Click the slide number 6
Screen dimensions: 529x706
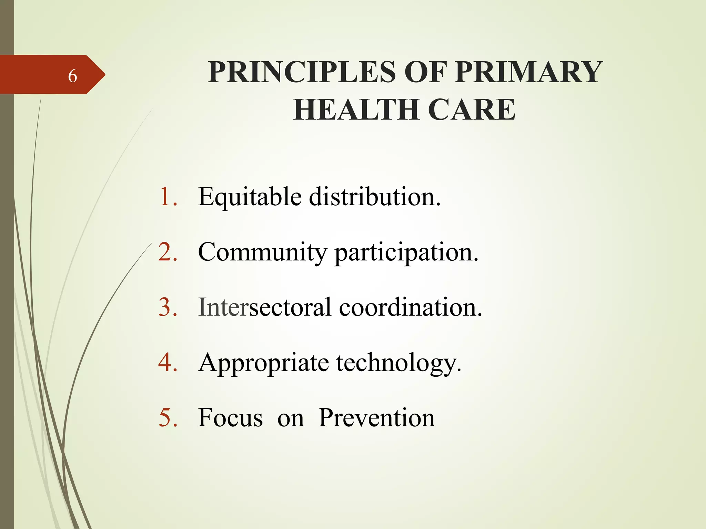[72, 76]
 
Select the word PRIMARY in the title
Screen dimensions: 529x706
[529, 72]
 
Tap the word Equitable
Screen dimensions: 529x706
[250, 197]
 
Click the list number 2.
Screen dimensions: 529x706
[168, 252]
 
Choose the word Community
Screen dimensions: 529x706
[262, 252]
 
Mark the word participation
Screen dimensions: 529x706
[406, 253]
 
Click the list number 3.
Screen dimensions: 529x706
[168, 307]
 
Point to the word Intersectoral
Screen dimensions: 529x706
[265, 307]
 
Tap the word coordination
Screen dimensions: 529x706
[410, 307]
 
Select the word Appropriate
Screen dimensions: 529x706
[263, 363]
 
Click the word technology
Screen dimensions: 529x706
[399, 363]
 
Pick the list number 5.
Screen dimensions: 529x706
[168, 418]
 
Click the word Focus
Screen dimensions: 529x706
[230, 418]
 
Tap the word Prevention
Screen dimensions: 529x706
[376, 418]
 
